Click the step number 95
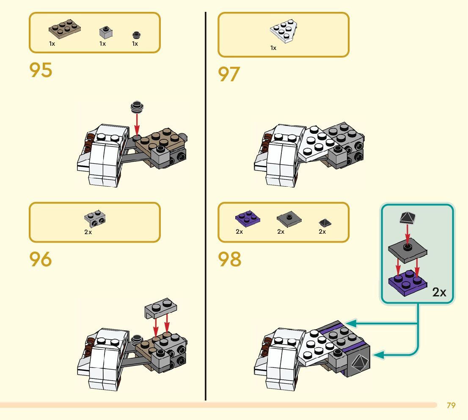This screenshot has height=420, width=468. [x=41, y=70]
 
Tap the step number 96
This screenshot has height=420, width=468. [x=41, y=259]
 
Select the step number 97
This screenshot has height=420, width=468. [x=229, y=75]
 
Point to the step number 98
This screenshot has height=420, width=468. [x=230, y=259]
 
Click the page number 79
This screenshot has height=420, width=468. [x=451, y=406]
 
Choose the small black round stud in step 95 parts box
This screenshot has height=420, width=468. [x=135, y=35]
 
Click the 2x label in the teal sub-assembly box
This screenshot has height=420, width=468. [x=439, y=293]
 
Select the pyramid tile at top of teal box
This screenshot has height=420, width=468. [x=407, y=218]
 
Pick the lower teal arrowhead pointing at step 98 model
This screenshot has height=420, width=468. [x=380, y=355]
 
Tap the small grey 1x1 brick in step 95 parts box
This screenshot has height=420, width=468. [x=105, y=32]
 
